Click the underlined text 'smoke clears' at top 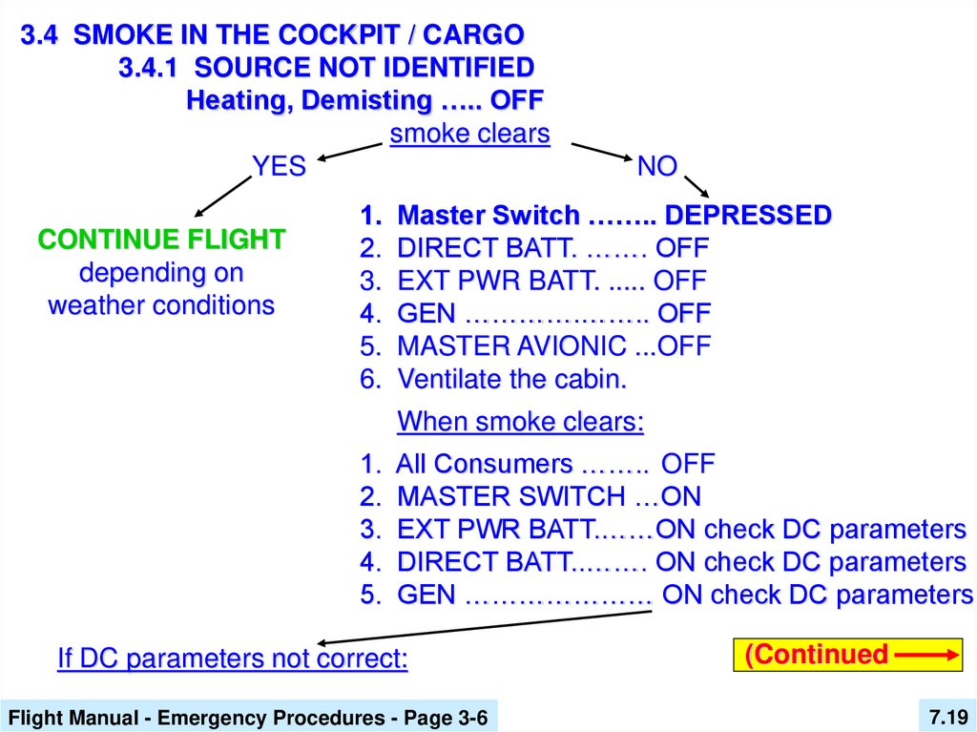[469, 134]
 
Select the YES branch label [279, 167]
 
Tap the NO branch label [656, 167]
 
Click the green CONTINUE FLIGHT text [161, 239]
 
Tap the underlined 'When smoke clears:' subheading [520, 421]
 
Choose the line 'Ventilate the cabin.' [511, 379]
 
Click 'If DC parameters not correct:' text [233, 659]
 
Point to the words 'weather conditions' [161, 306]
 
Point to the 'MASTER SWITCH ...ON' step [548, 496]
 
